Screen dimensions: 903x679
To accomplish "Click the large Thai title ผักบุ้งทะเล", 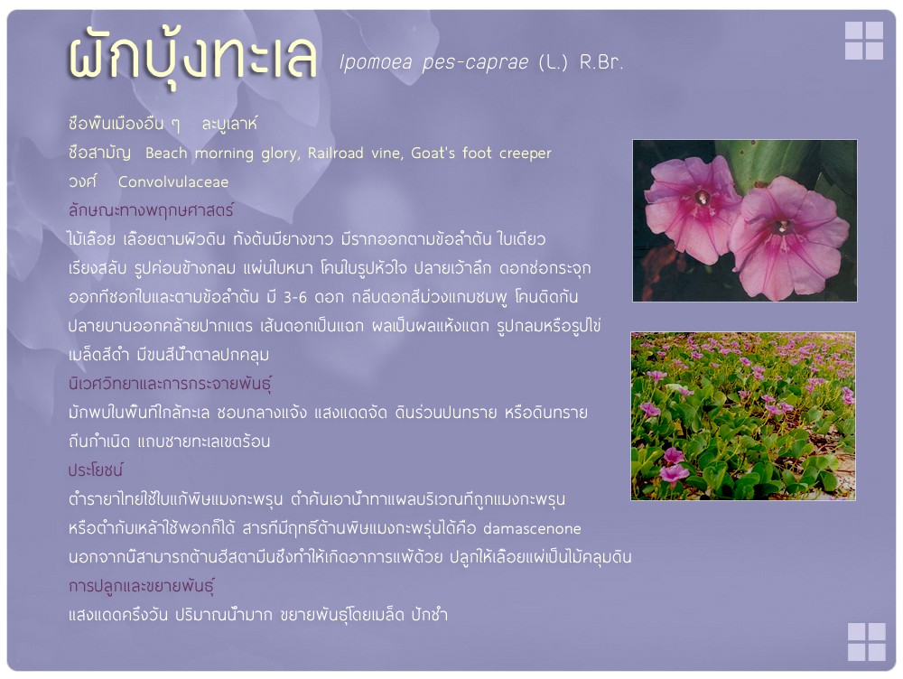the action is coord(193,59).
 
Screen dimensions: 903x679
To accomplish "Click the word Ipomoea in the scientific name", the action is coord(376,61).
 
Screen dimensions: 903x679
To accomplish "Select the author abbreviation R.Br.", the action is coord(601,61).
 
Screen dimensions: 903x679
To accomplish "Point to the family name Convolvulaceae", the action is coord(173,182).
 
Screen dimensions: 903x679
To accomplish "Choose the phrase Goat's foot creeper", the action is coord(481,153).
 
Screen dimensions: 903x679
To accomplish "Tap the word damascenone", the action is coord(532,529).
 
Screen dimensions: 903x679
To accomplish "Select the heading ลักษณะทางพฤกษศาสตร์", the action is coord(151,210).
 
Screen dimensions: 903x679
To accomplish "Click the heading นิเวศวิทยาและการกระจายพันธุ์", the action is coord(170,384).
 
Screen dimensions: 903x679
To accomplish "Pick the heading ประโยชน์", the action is coord(96,470).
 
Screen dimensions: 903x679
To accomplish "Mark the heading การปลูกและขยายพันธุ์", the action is coord(141,586).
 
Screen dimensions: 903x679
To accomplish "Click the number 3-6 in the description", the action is coord(295,298).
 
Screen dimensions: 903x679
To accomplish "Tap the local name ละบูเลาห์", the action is coord(229,124).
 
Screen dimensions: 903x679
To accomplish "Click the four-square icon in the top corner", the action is coord(864,41).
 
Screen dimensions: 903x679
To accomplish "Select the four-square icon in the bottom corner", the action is coord(867,642).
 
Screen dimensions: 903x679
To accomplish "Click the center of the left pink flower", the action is coord(702,199).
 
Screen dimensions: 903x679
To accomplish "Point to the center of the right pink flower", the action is coord(783,227).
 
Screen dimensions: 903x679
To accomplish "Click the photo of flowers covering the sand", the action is coord(743,416).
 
